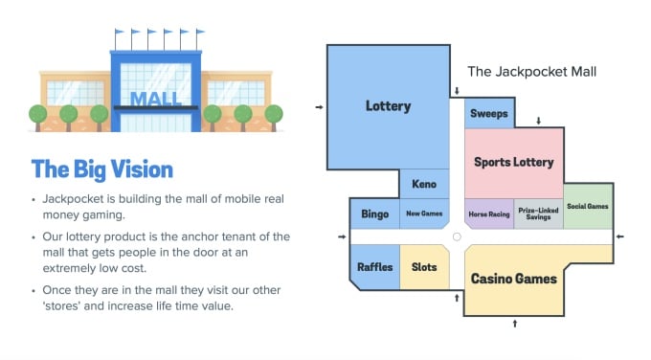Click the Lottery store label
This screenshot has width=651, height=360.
[388, 106]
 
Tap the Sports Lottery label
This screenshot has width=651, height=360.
[514, 162]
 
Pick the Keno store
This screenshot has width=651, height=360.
[424, 183]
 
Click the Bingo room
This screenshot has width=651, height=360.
[374, 214]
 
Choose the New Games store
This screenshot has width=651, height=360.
[423, 214]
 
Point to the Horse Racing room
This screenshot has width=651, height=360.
[489, 214]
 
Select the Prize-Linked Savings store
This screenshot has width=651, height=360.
[538, 214]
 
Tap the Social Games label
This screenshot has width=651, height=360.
[587, 206]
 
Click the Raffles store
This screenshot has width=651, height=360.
[374, 267]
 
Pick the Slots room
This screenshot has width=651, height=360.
[424, 267]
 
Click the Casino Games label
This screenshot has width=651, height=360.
[513, 279]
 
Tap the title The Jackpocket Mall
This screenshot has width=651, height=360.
[532, 72]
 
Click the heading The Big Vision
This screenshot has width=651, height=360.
[101, 169]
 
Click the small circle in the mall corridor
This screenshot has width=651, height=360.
[457, 236]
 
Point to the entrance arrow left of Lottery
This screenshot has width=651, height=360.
[319, 106]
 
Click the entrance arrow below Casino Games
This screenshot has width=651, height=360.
[515, 324]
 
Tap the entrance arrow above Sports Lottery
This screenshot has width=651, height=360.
[539, 121]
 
